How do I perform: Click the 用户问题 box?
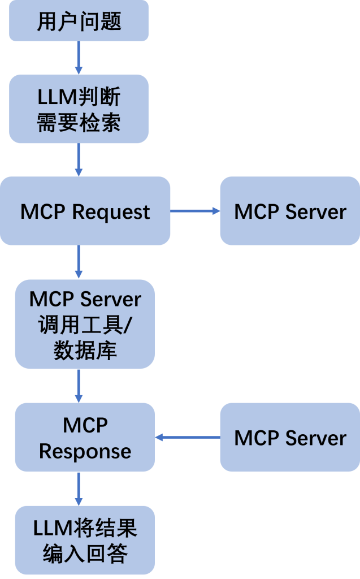(79, 21)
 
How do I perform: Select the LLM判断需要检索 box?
(79, 109)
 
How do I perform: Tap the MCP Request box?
(85, 211)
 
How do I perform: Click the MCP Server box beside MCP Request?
(290, 211)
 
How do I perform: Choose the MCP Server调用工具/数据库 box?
(85, 324)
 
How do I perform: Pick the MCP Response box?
(85, 437)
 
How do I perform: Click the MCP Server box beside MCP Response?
(290, 437)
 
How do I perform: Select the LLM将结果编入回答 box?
(85, 540)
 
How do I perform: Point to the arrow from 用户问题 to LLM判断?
(79, 58)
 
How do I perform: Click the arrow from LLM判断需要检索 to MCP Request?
(79, 159)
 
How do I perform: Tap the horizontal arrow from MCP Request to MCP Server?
(195, 211)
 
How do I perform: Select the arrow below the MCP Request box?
(79, 262)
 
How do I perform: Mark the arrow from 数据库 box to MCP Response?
(79, 386)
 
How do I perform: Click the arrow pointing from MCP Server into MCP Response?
(187, 437)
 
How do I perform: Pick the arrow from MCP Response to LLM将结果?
(79, 488)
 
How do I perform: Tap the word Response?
(85, 451)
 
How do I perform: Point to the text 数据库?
(85, 351)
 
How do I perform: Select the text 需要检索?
(79, 122)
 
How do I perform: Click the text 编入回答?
(85, 553)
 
